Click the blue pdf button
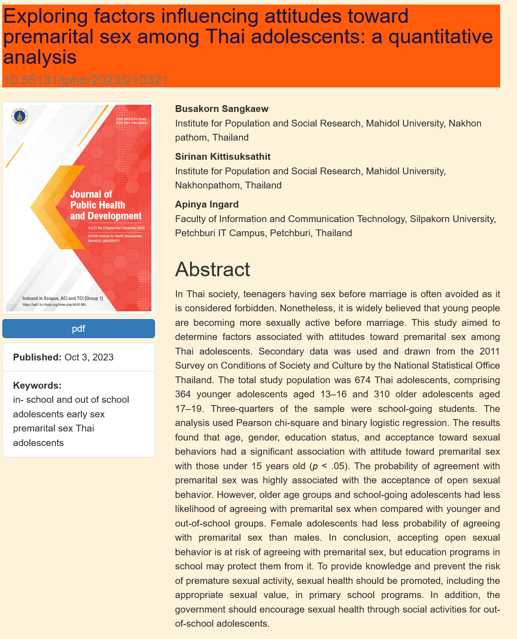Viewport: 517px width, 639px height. [x=79, y=329]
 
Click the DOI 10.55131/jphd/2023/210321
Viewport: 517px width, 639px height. [x=86, y=81]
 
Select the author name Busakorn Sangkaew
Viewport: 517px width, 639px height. [x=222, y=109]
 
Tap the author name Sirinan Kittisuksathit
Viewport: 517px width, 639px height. [x=223, y=157]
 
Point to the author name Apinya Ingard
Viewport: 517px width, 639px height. [x=207, y=204]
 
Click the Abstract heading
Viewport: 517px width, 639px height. [x=212, y=269]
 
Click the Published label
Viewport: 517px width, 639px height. [x=37, y=357]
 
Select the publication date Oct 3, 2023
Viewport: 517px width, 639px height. [x=89, y=357]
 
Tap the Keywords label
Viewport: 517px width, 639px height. [x=37, y=385]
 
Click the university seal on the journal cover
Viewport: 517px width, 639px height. [x=20, y=116]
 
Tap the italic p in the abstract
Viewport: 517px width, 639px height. [x=311, y=467]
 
